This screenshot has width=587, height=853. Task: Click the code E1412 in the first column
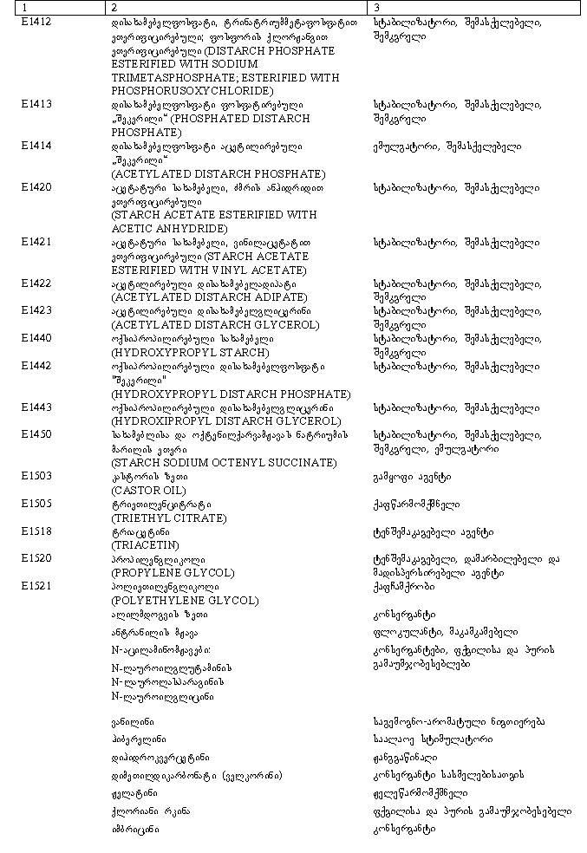click(x=36, y=22)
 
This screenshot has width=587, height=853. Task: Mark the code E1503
click(x=36, y=477)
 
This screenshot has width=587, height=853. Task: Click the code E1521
click(x=36, y=587)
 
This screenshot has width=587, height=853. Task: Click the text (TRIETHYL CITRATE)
click(x=168, y=518)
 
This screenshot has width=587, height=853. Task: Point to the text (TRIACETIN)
click(x=145, y=546)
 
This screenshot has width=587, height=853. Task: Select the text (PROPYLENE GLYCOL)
click(x=173, y=573)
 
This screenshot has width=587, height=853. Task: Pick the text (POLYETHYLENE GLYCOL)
click(x=185, y=601)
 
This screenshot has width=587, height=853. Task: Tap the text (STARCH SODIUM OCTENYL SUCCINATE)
click(x=224, y=463)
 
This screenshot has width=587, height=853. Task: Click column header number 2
click(x=114, y=8)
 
